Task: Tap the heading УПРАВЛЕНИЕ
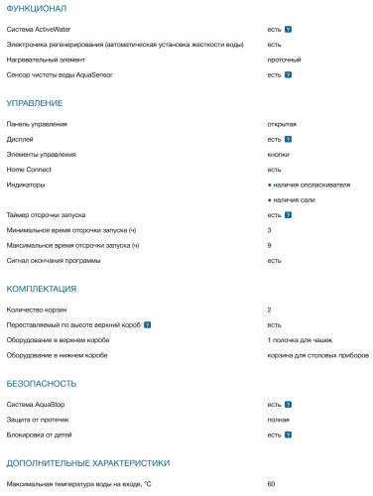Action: (x=35, y=102)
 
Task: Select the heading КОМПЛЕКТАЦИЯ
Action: (x=42, y=289)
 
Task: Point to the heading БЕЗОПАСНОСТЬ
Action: (x=42, y=383)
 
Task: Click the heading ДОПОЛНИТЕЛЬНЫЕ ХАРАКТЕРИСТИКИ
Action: (x=88, y=462)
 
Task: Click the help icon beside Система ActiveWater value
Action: (x=288, y=31)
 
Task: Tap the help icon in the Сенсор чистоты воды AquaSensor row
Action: (x=288, y=75)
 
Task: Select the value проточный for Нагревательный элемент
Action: (x=285, y=61)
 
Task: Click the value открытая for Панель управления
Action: (x=283, y=125)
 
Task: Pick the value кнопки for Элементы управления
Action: (x=279, y=155)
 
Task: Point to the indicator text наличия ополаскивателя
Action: (x=311, y=185)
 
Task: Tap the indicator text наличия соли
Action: (x=295, y=199)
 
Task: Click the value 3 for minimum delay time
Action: (x=270, y=230)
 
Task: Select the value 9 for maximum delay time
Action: (x=270, y=245)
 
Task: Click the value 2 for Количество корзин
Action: (x=270, y=310)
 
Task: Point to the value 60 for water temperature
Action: (x=272, y=483)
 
